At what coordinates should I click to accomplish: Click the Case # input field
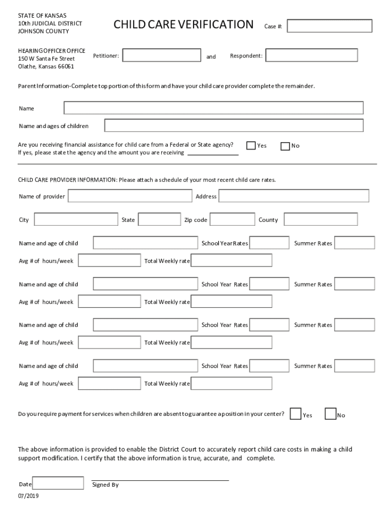point(330,26)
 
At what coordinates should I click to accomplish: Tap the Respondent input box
point(311,55)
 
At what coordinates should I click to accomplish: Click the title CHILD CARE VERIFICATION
point(183,24)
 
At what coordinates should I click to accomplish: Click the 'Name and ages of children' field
point(234,125)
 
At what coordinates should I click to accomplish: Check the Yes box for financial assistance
point(251,146)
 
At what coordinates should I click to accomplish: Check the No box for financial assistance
point(285,146)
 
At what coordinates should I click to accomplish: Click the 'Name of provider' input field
point(130,196)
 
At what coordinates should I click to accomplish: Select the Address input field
point(294,196)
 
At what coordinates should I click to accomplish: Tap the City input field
point(76,220)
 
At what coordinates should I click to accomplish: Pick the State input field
point(159,220)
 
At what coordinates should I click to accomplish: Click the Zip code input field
point(232,220)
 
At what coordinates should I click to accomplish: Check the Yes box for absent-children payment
point(296,414)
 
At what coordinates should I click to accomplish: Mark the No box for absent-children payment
point(331,414)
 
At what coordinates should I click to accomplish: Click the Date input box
point(58,484)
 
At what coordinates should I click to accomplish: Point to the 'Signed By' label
point(105,485)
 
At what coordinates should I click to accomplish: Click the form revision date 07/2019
point(28,496)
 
